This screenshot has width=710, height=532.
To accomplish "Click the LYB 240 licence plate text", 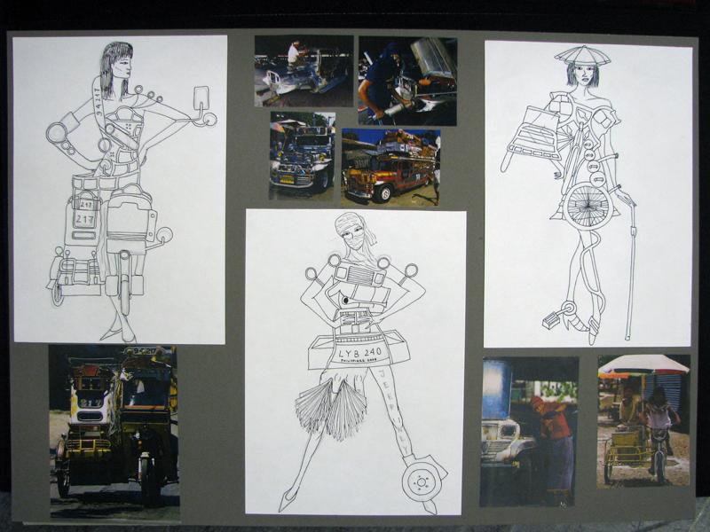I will (x=360, y=352).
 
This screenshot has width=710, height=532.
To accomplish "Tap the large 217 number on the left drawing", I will (x=85, y=219).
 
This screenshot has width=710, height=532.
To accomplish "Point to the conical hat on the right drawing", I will (x=582, y=56).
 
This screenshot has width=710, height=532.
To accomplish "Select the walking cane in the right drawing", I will (x=631, y=266).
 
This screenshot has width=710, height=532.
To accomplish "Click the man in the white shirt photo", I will (x=294, y=56).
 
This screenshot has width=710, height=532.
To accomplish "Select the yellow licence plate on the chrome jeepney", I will (x=287, y=178).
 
